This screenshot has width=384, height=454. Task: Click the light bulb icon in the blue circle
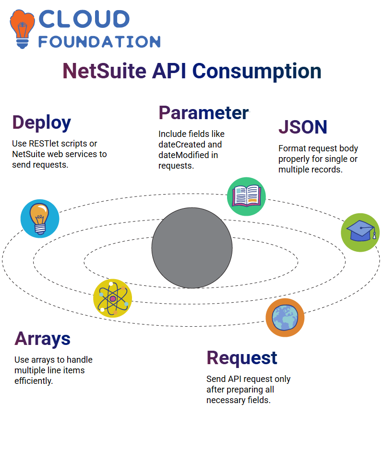pyautogui.click(x=40, y=219)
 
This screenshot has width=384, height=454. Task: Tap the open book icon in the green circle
pyautogui.click(x=246, y=196)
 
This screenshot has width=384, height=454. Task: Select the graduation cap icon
pyautogui.click(x=360, y=232)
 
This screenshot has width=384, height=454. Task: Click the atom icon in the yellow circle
pyautogui.click(x=112, y=298)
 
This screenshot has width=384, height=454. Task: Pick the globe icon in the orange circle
pyautogui.click(x=285, y=318)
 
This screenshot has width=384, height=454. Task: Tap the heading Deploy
pyautogui.click(x=42, y=123)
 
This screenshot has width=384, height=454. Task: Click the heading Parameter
pyautogui.click(x=204, y=113)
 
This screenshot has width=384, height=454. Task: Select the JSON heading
pyautogui.click(x=303, y=127)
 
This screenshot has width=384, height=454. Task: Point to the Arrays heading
pyautogui.click(x=43, y=339)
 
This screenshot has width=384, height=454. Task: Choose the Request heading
pyautogui.click(x=242, y=358)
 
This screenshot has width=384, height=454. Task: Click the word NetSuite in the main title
pyautogui.click(x=104, y=71)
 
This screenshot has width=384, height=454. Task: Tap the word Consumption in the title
pyautogui.click(x=257, y=71)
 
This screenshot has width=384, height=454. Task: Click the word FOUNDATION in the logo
pyautogui.click(x=99, y=41)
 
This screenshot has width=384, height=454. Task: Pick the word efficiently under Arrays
pyautogui.click(x=34, y=381)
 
